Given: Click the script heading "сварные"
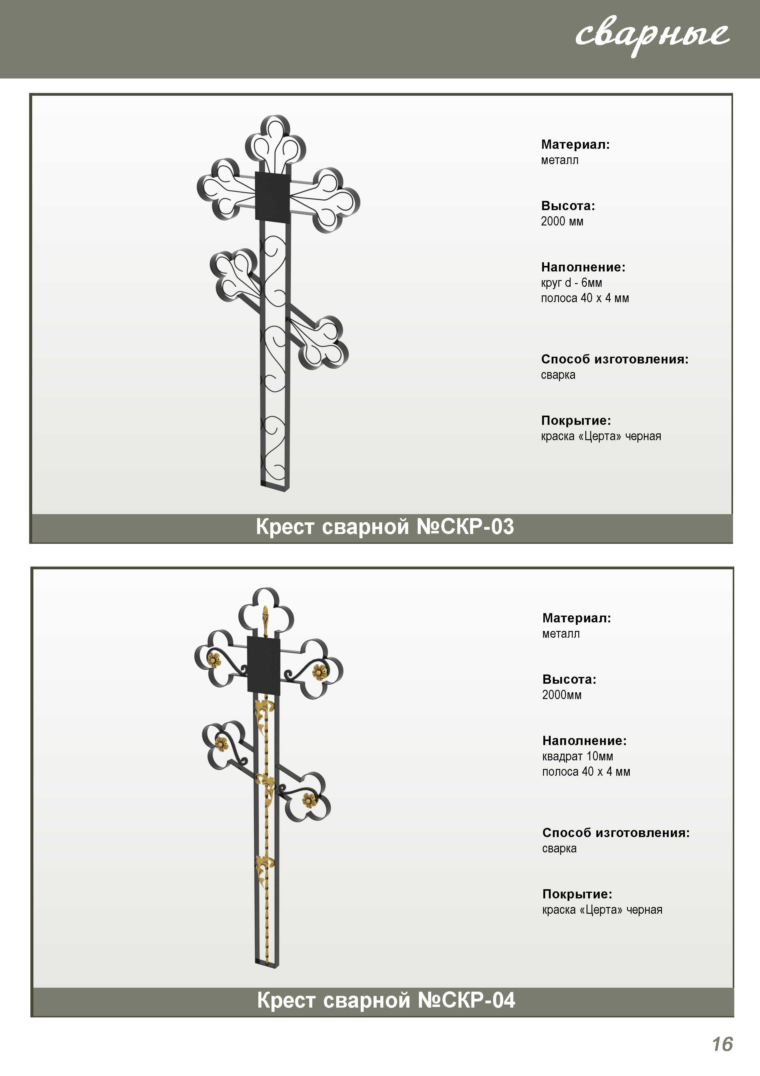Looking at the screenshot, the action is coord(652,36).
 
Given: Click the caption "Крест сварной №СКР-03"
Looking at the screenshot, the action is coord(385,527).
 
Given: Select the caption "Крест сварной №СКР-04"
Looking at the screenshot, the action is coord(386,1000).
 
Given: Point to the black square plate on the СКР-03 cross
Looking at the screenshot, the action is coord(272,196).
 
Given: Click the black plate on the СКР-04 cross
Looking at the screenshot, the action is coord(263,666).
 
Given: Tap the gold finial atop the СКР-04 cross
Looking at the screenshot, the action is coord(265,620).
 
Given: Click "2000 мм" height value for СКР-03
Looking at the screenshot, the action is coord(562,221).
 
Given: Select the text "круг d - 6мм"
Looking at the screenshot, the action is coord(571,282).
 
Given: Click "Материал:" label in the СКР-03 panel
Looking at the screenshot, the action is coord(576,144).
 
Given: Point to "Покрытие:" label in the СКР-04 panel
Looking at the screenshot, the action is coord(577,894).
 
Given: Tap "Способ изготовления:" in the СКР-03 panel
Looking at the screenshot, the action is coord(615,359).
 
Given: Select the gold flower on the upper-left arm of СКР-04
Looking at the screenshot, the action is coord(214,660).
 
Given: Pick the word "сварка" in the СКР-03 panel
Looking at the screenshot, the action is coord(558,375).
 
